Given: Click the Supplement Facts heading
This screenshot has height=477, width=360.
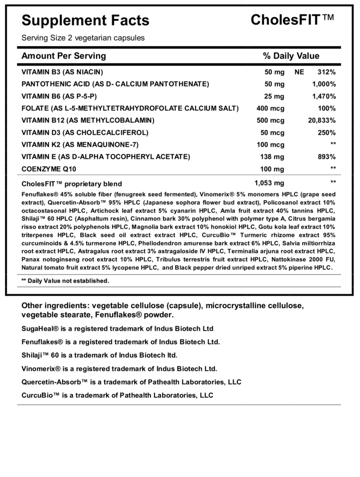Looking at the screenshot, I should pos(85,20).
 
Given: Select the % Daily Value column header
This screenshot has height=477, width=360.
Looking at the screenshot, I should pos(291,56).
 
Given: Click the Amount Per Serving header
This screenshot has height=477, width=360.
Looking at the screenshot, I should pos(64,56).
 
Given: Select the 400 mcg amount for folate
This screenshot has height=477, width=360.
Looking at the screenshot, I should pos(271,109).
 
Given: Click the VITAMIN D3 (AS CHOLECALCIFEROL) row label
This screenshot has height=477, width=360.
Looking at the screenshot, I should pos(85,133).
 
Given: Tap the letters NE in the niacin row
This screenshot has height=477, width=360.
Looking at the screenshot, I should pos(299,72).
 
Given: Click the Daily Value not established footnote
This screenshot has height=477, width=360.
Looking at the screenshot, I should pos(65,281).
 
